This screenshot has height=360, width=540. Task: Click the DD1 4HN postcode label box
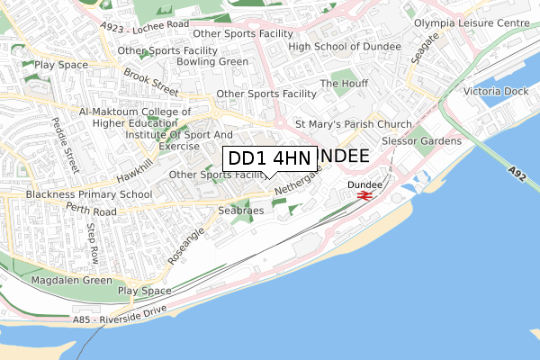[x=269, y=158]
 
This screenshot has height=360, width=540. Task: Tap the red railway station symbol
[x=364, y=195]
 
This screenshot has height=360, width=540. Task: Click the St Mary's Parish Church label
[x=354, y=124]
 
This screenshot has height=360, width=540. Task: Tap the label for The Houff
[x=344, y=84]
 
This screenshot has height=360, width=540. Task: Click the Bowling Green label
[x=212, y=62]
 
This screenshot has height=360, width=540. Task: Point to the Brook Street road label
[x=152, y=83]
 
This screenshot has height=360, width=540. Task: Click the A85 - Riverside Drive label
[x=121, y=319]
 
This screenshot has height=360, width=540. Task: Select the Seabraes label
[x=240, y=211]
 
